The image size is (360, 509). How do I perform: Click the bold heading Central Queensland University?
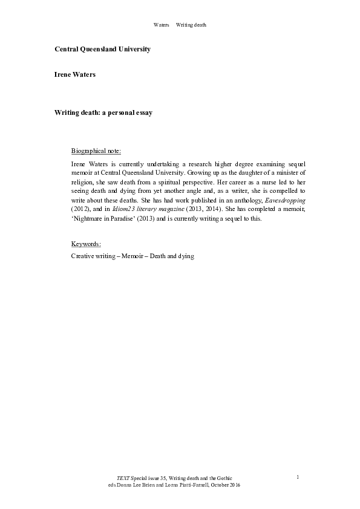102,49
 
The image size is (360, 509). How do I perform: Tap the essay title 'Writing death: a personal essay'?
103,112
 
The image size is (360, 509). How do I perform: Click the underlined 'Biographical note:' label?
96,150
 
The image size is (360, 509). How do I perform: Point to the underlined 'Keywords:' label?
86,244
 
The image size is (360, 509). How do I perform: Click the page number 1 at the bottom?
298,478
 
